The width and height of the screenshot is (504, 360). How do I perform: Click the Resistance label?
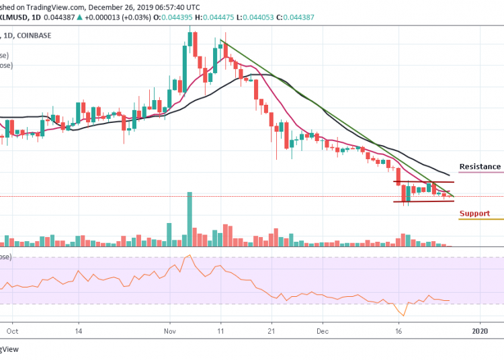click(480, 167)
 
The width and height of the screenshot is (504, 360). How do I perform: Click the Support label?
click(474, 214)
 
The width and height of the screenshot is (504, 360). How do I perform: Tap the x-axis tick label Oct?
click(11, 331)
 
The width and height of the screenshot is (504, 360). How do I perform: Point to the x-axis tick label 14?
click(79, 331)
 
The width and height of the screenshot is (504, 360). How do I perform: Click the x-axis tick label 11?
click(220, 331)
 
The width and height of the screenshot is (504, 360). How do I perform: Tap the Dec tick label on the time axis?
click(322, 331)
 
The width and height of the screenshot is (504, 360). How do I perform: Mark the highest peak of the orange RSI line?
click(190, 255)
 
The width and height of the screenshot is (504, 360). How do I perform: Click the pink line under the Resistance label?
click(480, 173)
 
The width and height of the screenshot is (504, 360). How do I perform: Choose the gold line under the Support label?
click(480, 220)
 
